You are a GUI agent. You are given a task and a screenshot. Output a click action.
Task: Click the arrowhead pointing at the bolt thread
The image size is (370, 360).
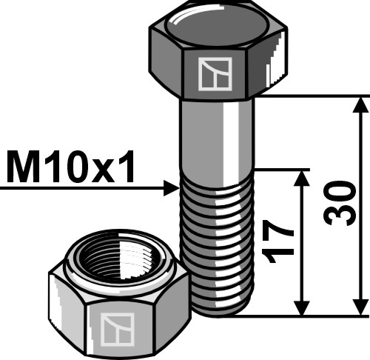[x=172, y=189]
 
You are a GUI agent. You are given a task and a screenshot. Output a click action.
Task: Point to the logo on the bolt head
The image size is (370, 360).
[x=215, y=75]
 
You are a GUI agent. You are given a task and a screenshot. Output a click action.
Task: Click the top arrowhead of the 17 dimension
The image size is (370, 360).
[x=301, y=179]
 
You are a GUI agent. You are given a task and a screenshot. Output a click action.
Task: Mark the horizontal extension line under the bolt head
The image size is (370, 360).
[x=311, y=96]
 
